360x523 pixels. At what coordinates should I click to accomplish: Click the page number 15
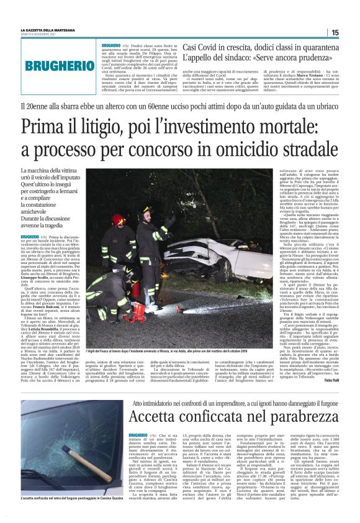point(334,32)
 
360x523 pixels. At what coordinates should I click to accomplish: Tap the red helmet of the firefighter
point(118,219)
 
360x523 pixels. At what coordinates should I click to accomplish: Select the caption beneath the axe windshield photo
point(72,499)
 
